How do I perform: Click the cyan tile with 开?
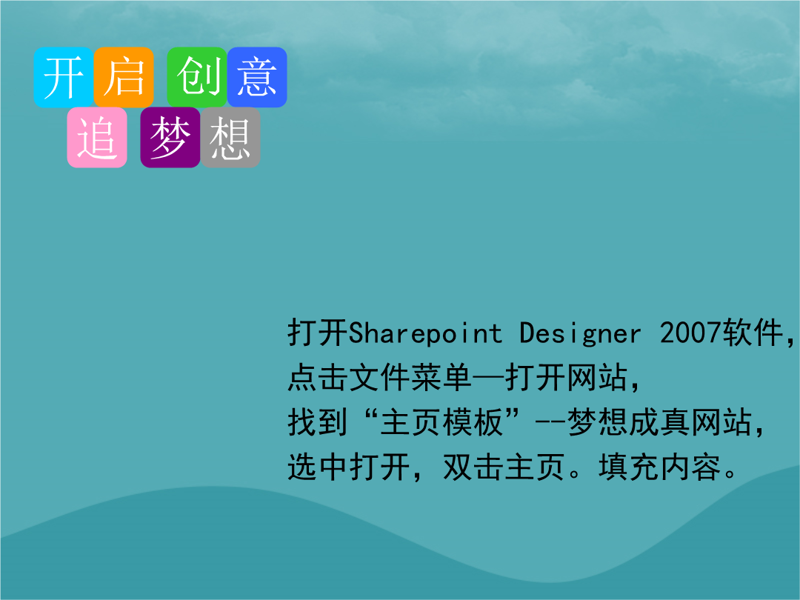click(x=64, y=77)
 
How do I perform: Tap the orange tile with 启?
click(x=124, y=77)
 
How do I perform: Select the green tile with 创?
click(x=197, y=77)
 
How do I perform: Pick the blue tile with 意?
click(x=257, y=77)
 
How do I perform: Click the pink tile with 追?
click(x=97, y=137)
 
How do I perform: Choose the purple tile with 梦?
click(x=170, y=137)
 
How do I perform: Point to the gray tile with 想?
click(x=230, y=137)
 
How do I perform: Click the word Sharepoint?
click(x=425, y=333)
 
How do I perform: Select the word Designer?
click(x=580, y=333)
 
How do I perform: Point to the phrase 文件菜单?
click(x=410, y=378)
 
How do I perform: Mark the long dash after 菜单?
click(x=488, y=379)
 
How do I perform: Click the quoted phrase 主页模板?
click(x=441, y=422)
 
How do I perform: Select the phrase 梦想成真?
click(x=629, y=422)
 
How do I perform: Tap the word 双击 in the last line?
click(x=473, y=467)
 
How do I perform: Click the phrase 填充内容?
click(x=660, y=467)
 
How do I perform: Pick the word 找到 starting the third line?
click(x=318, y=422)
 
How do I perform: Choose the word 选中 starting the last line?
click(x=318, y=467)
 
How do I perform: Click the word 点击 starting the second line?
click(x=318, y=378)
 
